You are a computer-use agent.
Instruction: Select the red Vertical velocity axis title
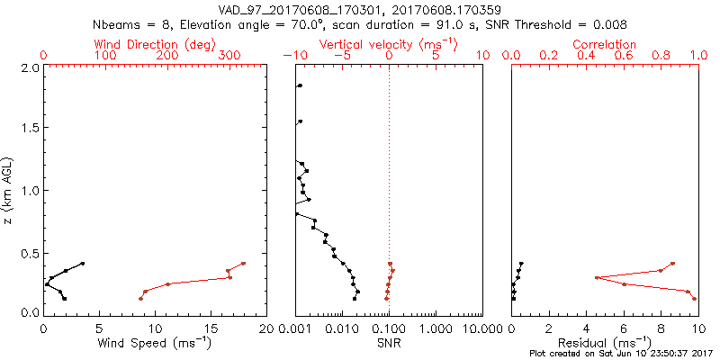[388, 43]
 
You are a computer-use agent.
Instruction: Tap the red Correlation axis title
[605, 43]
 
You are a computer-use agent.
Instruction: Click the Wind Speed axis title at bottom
[155, 343]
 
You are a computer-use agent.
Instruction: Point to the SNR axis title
[389, 343]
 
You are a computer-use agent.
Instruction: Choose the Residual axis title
[605, 343]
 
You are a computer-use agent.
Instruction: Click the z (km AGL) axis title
[10, 190]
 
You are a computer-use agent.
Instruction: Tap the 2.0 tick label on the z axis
[29, 67]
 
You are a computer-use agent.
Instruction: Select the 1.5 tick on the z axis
[29, 129]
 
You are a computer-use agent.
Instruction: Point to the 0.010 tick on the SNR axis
[342, 328]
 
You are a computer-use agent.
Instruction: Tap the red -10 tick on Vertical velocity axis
[293, 56]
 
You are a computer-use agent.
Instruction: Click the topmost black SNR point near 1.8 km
[300, 85]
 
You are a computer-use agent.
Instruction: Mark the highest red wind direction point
[243, 264]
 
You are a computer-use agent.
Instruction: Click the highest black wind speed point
[82, 264]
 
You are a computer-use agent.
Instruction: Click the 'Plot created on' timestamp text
[621, 354]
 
